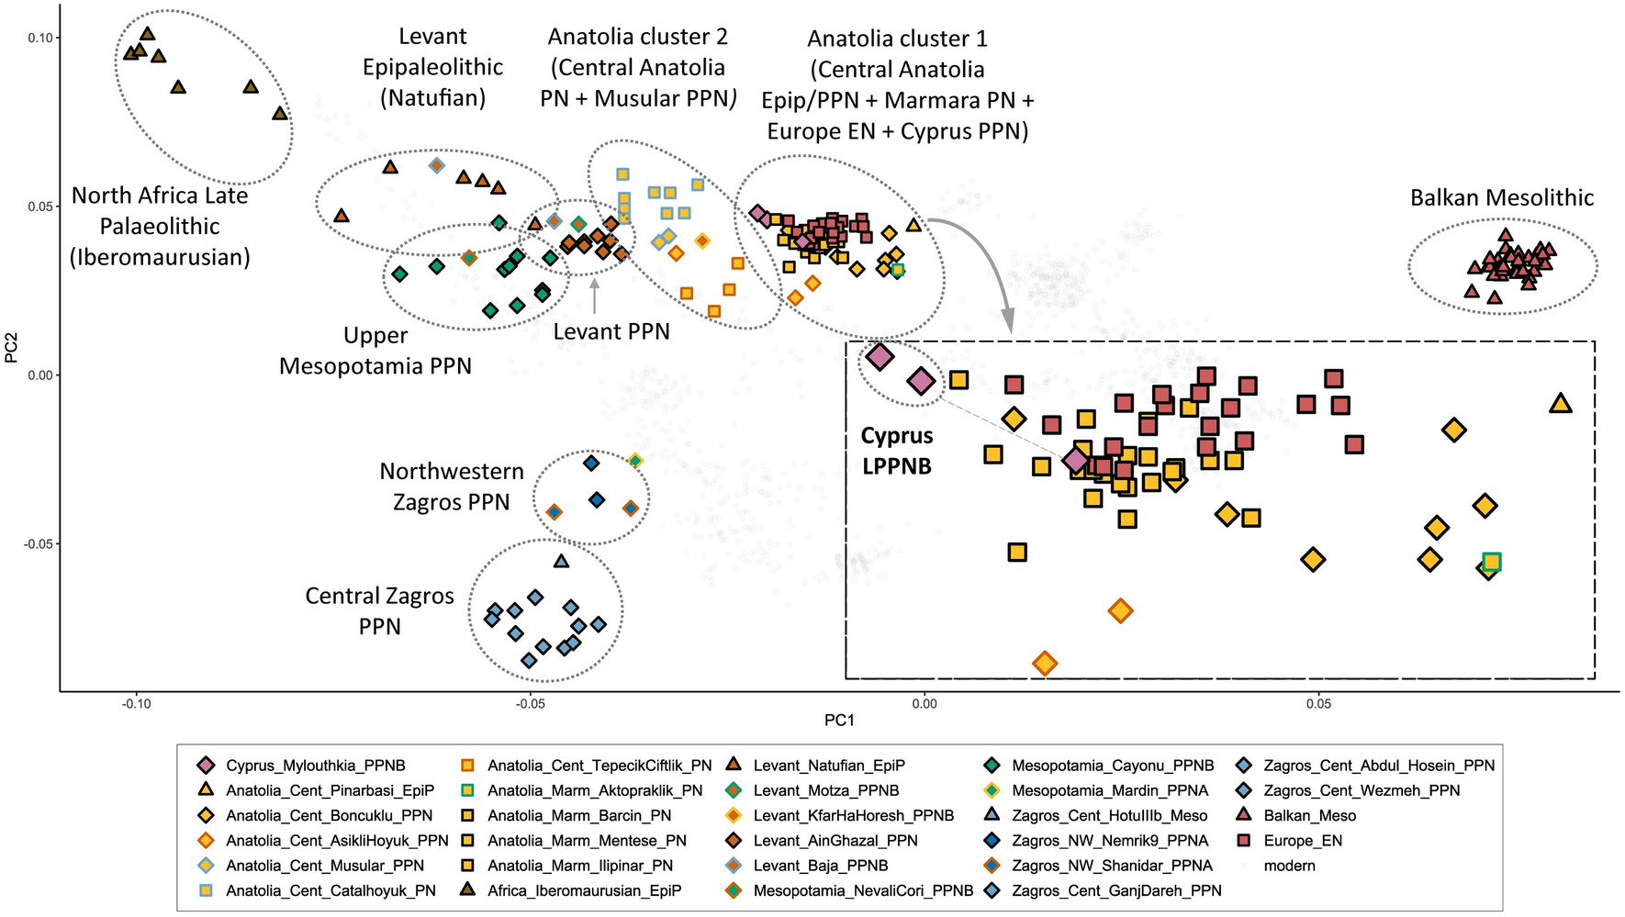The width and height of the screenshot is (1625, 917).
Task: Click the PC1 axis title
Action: pyautogui.click(x=839, y=721)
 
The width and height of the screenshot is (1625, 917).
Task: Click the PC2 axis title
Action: pyautogui.click(x=12, y=348)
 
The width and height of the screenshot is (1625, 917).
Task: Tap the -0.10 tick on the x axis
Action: pyautogui.click(x=137, y=704)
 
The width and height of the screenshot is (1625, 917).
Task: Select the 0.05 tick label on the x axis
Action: pyautogui.click(x=1318, y=704)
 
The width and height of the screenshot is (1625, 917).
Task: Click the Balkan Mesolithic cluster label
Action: pyautogui.click(x=1502, y=198)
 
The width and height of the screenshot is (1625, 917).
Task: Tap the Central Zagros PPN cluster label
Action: pyautogui.click(x=379, y=611)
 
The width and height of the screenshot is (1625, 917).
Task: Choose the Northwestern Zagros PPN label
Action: pyautogui.click(x=452, y=486)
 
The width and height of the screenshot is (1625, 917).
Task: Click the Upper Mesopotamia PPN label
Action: pyautogui.click(x=375, y=351)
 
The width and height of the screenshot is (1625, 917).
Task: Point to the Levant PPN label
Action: pyautogui.click(x=611, y=332)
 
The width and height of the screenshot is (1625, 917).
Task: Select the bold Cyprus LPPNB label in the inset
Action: pyautogui.click(x=896, y=451)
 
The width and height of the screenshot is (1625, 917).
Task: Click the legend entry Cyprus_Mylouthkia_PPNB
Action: pyautogui.click(x=315, y=766)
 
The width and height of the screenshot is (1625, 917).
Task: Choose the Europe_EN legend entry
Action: pyautogui.click(x=1302, y=840)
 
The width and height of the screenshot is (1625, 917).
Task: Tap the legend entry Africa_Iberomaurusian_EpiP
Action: pyautogui.click(x=584, y=890)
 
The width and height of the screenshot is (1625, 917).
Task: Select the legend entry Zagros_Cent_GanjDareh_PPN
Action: pyautogui.click(x=1116, y=890)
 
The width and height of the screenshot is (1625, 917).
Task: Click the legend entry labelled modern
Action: pyautogui.click(x=1289, y=866)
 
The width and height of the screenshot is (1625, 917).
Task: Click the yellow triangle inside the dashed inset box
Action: pyautogui.click(x=1560, y=403)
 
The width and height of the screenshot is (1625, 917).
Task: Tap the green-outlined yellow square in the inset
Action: pyautogui.click(x=1491, y=562)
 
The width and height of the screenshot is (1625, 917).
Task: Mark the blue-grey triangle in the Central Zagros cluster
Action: pyautogui.click(x=562, y=561)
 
